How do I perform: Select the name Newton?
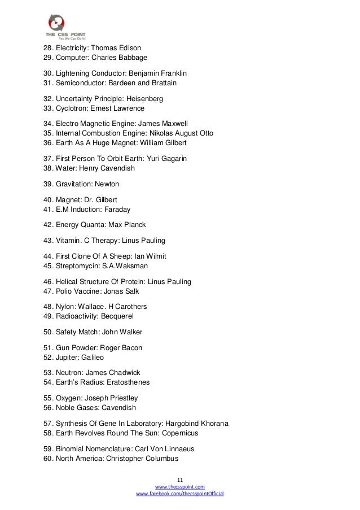point(107,184)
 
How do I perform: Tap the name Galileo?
point(92,358)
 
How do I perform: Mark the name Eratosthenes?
point(130,382)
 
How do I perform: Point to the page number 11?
point(180,478)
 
